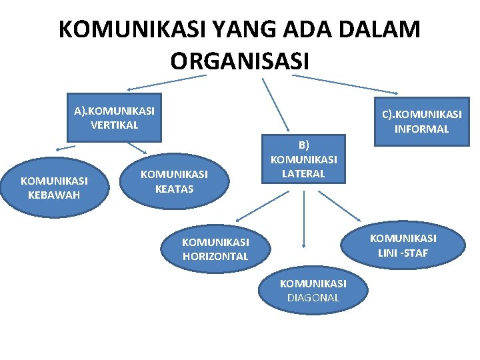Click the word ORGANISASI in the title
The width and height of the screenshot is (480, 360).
pyautogui.click(x=239, y=61)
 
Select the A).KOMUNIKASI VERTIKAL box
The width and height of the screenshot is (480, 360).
pyautogui.click(x=114, y=117)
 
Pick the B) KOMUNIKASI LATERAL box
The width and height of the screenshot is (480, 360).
pyautogui.click(x=304, y=159)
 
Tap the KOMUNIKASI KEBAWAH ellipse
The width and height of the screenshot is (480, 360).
pyautogui.click(x=54, y=188)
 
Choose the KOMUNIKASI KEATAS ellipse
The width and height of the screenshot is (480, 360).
pyautogui.click(x=174, y=181)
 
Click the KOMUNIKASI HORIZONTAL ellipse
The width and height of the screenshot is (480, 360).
pyautogui.click(x=215, y=249)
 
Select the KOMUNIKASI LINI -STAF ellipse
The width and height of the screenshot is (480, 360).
pyautogui.click(x=403, y=245)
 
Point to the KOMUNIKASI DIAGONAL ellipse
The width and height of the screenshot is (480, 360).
pyautogui.click(x=313, y=291)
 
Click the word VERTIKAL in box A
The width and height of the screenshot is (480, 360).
pyautogui.click(x=114, y=125)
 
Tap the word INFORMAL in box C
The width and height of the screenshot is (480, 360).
pyautogui.click(x=421, y=129)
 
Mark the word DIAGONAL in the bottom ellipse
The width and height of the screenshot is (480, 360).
pyautogui.click(x=313, y=298)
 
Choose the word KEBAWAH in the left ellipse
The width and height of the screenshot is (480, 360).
pyautogui.click(x=54, y=195)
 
